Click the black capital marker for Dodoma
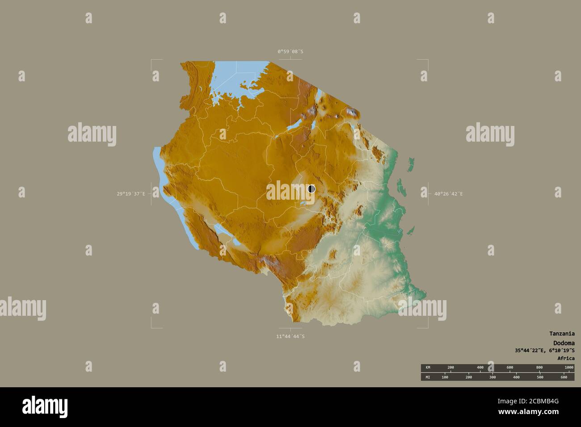point(312,189)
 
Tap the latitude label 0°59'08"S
point(290,51)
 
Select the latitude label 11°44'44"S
point(290,336)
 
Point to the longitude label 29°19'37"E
point(131,194)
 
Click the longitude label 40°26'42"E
point(449,194)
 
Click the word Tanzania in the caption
point(562,333)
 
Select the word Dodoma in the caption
point(564,343)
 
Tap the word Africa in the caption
point(566,358)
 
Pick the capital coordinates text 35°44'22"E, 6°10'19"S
point(544,351)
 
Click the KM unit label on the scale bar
point(428,367)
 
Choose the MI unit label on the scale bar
point(428,377)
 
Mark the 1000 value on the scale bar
point(568,367)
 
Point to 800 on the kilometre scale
point(539,367)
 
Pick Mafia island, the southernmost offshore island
point(409,232)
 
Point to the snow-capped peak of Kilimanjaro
point(352,112)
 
